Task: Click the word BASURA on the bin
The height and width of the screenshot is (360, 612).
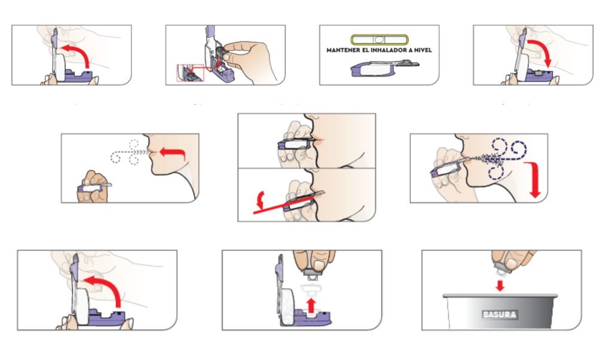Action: click(500, 315)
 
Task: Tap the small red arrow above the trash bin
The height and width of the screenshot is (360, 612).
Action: click(500, 285)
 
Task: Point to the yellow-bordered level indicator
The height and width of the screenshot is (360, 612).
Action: click(380, 39)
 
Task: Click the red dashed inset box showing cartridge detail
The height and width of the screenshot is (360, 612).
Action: click(190, 72)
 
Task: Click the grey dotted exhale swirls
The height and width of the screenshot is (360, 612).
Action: click(129, 152)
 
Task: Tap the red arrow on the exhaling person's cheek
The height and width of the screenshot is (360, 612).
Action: click(173, 153)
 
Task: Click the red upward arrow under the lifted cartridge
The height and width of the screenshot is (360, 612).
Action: click(311, 306)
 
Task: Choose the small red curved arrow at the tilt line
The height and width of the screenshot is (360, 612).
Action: click(259, 200)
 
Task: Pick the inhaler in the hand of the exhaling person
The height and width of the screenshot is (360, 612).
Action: click(94, 187)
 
